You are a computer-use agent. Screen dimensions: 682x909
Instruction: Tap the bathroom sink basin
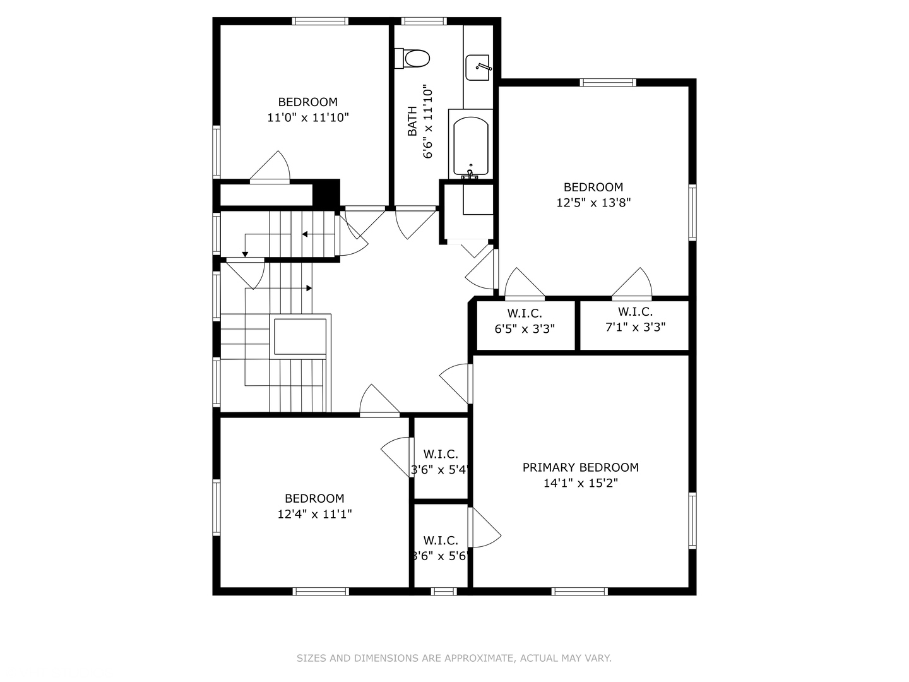[478, 68]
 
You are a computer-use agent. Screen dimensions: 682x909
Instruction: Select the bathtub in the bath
[470, 145]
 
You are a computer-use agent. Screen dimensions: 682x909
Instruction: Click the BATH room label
[412, 121]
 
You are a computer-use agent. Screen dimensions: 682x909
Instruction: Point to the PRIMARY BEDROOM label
[580, 467]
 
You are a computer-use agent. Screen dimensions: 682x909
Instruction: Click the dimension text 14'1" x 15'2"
[580, 483]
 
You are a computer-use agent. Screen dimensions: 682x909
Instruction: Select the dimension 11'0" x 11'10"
[308, 117]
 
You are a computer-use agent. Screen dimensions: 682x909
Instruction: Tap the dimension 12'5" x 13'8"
[593, 203]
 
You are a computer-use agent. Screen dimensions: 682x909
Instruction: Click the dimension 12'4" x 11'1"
[314, 514]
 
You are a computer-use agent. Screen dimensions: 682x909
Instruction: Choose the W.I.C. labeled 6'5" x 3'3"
[525, 321]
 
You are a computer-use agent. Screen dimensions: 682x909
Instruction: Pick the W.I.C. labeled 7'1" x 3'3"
[635, 320]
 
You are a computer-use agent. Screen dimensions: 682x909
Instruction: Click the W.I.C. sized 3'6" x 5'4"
[441, 462]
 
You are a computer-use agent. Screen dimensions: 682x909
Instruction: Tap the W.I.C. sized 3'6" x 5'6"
[441, 548]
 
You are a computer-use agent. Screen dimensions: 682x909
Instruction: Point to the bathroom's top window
[424, 21]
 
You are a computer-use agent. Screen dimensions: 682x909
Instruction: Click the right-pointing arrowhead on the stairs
[309, 288]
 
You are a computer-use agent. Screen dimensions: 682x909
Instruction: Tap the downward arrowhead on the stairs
[245, 254]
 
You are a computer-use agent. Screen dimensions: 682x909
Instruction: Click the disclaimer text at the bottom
[454, 658]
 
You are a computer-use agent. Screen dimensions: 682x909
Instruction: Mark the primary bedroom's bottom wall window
[579, 592]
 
